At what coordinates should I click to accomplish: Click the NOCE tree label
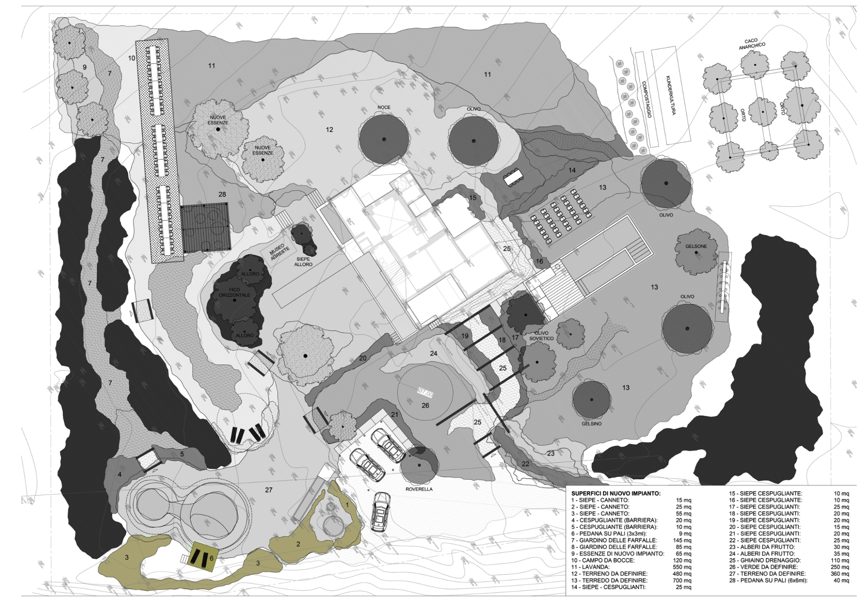[384, 107]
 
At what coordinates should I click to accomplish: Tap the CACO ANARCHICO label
[752, 44]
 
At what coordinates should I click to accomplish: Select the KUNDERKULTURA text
[670, 95]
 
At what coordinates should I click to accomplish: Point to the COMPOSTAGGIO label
[646, 99]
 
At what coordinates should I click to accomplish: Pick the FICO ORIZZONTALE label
[234, 292]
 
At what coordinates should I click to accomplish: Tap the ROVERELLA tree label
[419, 489]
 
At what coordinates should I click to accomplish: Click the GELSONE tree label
[696, 246]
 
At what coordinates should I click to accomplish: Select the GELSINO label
[591, 423]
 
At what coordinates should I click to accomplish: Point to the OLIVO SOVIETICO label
[541, 336]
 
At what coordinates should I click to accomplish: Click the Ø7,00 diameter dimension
[425, 393]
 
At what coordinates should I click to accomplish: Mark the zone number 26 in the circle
[425, 405]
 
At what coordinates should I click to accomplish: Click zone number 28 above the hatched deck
[222, 194]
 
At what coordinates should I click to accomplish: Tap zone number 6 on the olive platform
[211, 558]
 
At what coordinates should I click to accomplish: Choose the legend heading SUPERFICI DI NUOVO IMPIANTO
[616, 493]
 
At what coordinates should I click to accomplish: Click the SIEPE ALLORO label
[303, 262]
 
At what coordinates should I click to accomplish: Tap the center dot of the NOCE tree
[384, 139]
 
